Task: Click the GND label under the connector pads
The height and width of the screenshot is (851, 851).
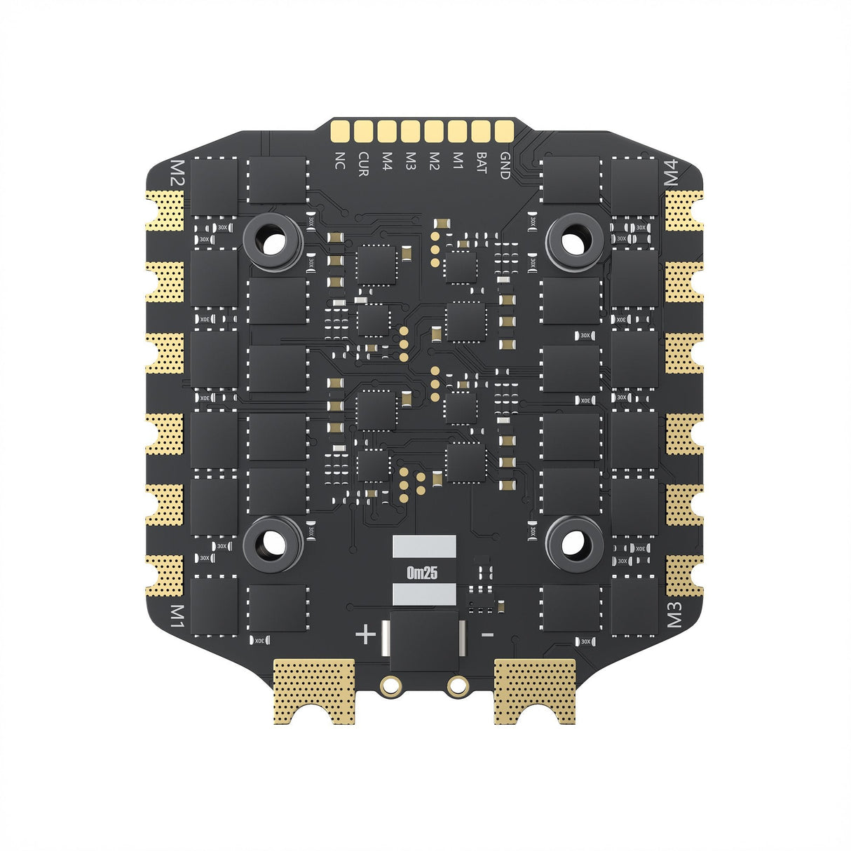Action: tap(504, 165)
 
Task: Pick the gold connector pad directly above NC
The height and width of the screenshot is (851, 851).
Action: tap(341, 131)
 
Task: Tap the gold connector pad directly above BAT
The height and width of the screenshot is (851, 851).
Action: tap(481, 131)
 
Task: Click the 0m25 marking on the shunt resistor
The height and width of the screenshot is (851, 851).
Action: tap(422, 573)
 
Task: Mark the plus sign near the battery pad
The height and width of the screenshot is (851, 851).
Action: tap(365, 635)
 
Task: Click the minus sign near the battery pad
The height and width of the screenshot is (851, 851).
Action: tap(488, 635)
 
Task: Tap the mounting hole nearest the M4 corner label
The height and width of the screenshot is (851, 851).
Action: tap(574, 243)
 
